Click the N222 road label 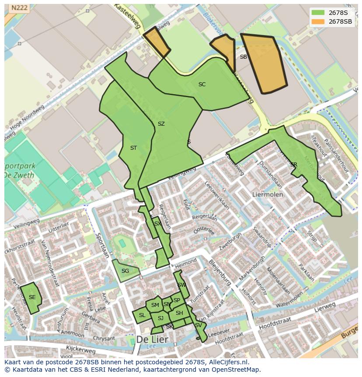pos(19,7)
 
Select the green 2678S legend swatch pos(318,12)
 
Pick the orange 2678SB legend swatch pos(318,21)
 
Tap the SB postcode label pos(244,57)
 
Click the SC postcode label pos(202,85)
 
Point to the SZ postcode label pos(161,124)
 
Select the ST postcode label pos(133,148)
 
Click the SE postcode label pos(32,297)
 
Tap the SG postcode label pos(125,271)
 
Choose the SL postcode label pos(142,315)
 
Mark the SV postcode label pos(198,325)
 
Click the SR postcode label pos(293,165)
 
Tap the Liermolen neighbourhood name pos(268,194)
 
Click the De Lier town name pos(152,339)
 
